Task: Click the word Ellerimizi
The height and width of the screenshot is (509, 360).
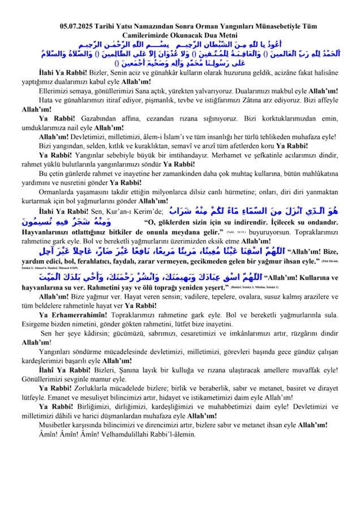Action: click(x=56, y=90)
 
